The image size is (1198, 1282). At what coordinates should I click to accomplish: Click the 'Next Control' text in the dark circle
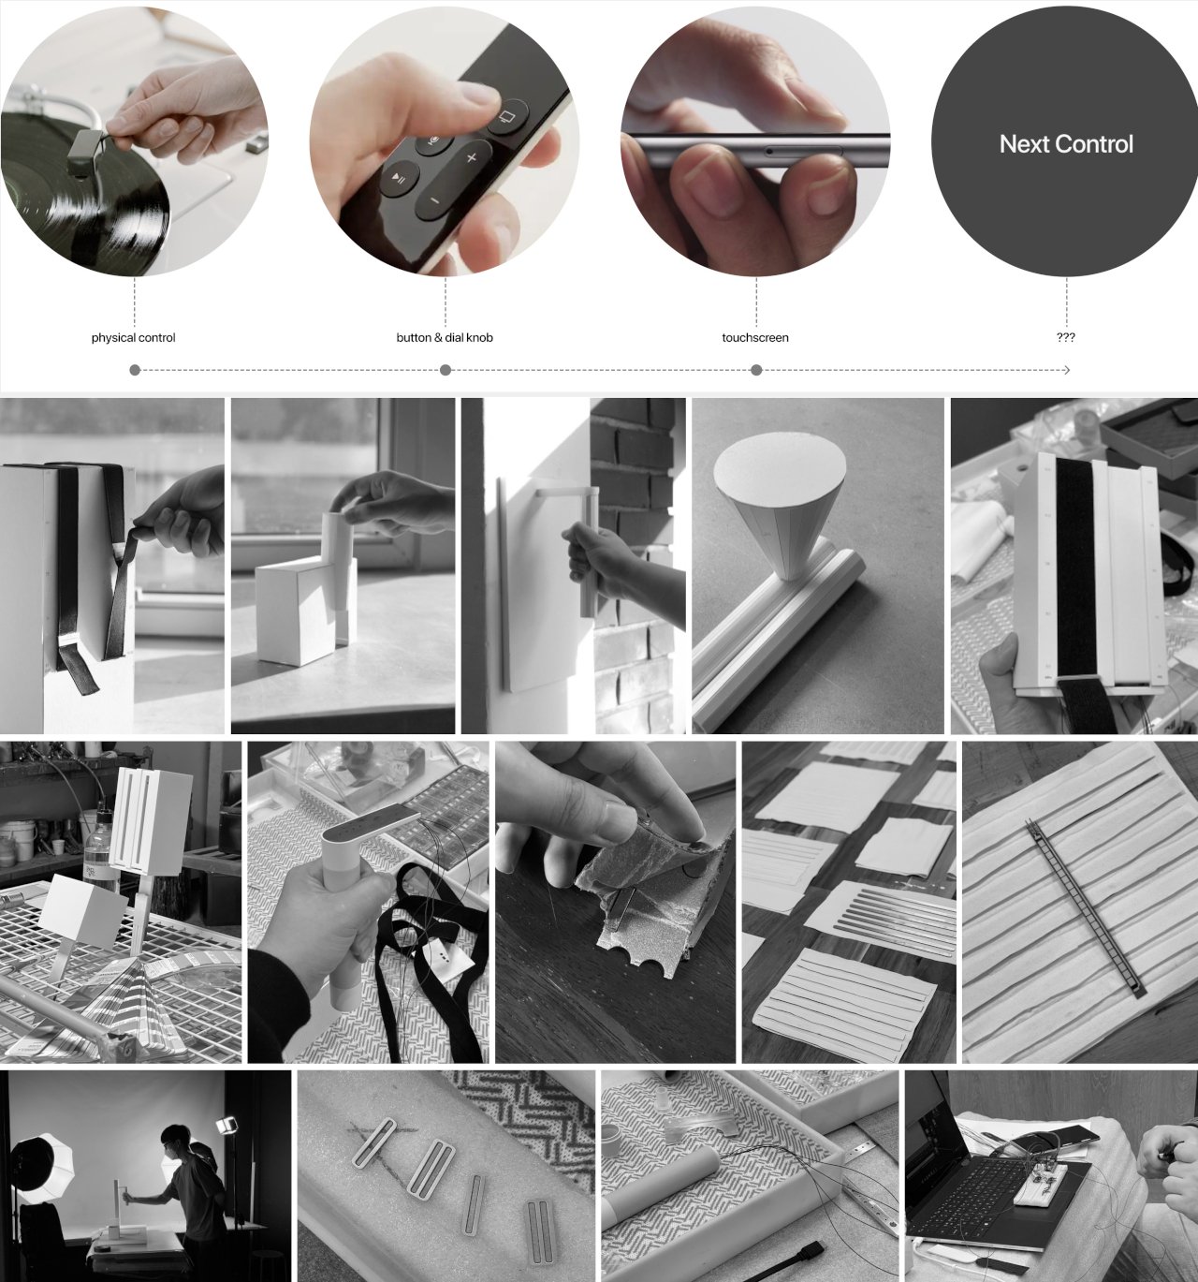(x=1065, y=144)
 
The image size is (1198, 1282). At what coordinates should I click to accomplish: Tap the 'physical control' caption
(x=133, y=337)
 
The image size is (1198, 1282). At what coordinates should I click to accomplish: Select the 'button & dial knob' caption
(x=444, y=337)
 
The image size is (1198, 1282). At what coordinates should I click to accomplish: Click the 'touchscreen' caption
(x=755, y=337)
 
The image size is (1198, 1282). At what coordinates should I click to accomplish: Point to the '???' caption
(x=1065, y=337)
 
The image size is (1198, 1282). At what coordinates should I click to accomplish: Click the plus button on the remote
(x=471, y=157)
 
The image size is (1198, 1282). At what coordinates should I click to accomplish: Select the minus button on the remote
(x=433, y=200)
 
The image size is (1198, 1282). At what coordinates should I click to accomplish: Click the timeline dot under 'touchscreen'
(x=756, y=370)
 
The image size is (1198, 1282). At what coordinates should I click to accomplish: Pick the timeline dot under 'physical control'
(x=135, y=370)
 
